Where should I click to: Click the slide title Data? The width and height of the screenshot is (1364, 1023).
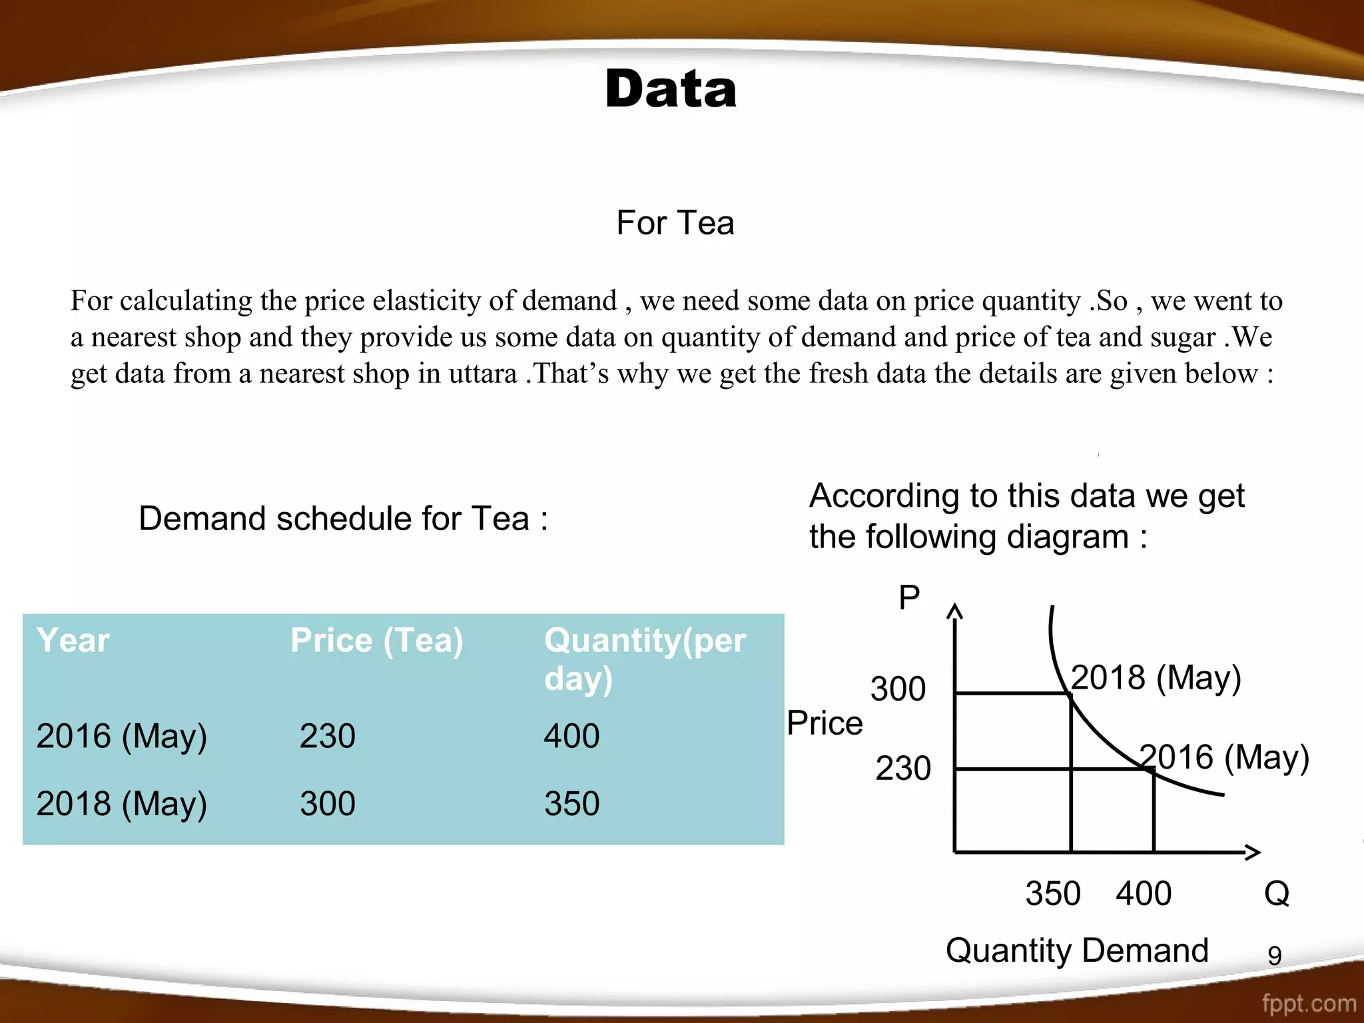(671, 89)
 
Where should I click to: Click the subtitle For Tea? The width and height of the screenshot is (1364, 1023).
(675, 223)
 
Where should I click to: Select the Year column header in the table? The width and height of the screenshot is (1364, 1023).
(73, 641)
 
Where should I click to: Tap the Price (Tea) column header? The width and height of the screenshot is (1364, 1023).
(377, 641)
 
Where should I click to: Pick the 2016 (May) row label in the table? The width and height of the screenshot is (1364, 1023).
(122, 737)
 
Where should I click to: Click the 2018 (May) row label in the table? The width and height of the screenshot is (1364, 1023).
(122, 804)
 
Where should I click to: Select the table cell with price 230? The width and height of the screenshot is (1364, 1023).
(328, 737)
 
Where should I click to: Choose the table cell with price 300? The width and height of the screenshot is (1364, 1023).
(328, 804)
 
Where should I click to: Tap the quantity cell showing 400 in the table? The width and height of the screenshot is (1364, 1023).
(572, 737)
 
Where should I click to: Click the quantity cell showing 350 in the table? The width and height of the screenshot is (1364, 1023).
(572, 804)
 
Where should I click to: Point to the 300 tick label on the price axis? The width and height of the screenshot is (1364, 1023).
(898, 689)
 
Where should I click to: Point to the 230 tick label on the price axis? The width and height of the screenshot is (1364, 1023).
(903, 769)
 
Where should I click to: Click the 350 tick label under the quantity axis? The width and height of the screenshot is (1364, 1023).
(1053, 894)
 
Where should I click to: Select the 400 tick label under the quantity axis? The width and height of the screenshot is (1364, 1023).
(1144, 894)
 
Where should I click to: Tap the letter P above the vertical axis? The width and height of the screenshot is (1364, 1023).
(909, 597)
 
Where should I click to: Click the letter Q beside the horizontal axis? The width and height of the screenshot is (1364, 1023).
(1277, 894)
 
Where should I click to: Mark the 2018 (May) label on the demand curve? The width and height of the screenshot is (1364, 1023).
(1156, 678)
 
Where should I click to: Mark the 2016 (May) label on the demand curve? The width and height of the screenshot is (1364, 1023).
(1225, 757)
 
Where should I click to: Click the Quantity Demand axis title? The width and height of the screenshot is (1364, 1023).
(1077, 950)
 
